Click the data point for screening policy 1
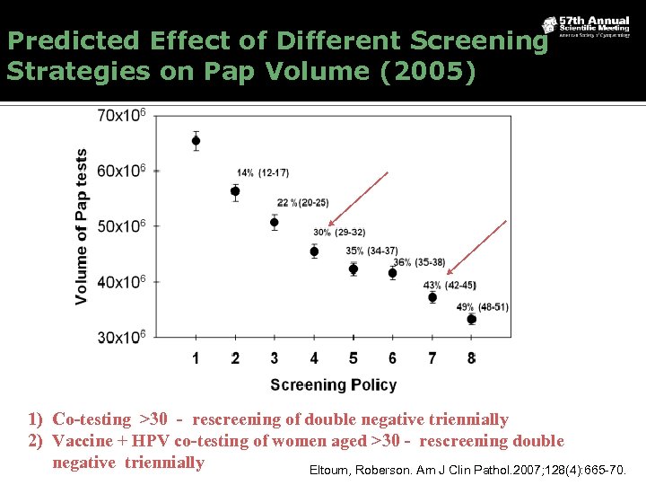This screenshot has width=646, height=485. pos(196,141)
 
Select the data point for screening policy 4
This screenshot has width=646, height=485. pos(314,251)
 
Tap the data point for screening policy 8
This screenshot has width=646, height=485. pos(472,319)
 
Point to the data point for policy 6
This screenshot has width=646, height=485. pos(392,273)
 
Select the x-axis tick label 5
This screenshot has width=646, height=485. pos(354,358)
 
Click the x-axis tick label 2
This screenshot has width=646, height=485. pos(235,358)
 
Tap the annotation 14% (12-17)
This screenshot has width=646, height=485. pos(263,172)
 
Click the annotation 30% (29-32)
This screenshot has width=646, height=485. pos(339,232)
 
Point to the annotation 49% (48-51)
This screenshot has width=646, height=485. pos(482,307)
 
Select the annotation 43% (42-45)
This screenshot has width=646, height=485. pos(450,286)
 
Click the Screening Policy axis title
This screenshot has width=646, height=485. pos(334,384)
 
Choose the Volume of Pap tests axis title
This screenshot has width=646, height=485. pos(82,226)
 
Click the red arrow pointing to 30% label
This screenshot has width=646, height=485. pos(358,198)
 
